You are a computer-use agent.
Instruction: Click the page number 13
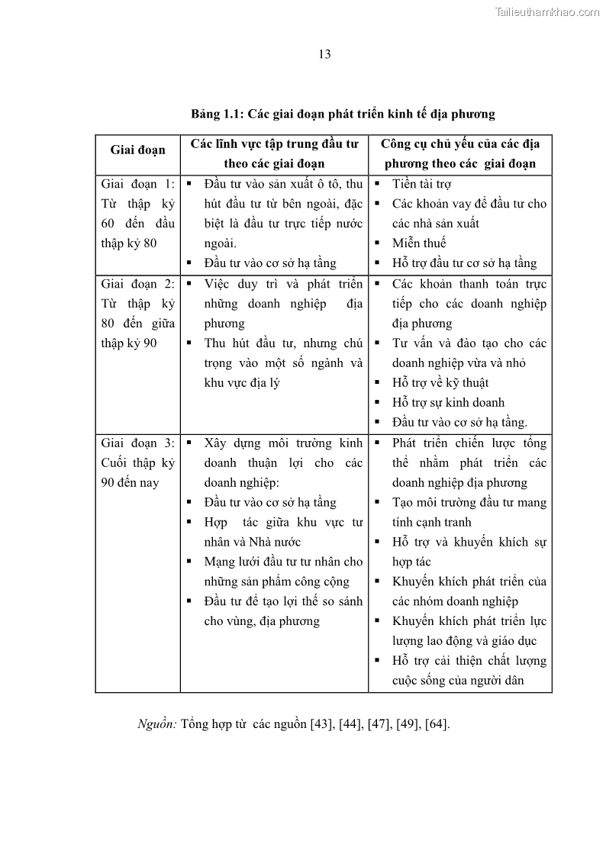(x=324, y=53)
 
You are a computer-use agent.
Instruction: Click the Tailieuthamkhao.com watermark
(x=547, y=11)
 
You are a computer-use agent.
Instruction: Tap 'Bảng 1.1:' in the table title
(x=217, y=114)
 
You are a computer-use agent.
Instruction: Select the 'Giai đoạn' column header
(x=137, y=150)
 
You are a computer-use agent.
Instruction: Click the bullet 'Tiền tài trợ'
(x=421, y=184)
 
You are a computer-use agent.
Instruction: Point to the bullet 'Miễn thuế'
(x=419, y=243)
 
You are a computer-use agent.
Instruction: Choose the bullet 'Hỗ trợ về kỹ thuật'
(x=440, y=382)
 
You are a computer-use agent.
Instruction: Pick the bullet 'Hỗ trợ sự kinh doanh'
(x=448, y=402)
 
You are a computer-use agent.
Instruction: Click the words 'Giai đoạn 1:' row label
(x=137, y=184)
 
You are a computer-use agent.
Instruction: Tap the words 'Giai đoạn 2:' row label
(x=137, y=283)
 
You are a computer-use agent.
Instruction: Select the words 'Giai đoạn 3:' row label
(x=137, y=443)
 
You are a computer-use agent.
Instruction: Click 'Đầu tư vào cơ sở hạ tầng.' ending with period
(x=459, y=422)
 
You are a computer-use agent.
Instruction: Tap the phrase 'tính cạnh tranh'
(x=432, y=522)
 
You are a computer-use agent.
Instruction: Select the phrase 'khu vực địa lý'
(x=242, y=382)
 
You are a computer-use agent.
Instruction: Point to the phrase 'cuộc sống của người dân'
(x=458, y=681)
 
